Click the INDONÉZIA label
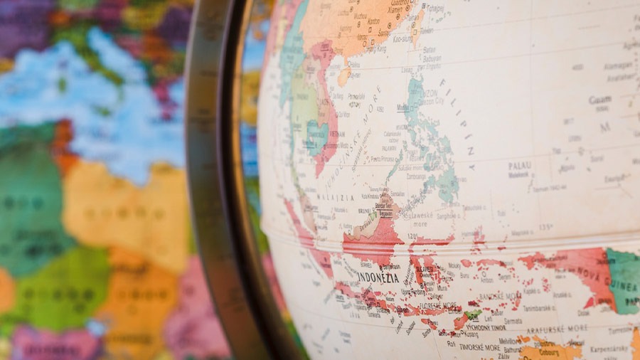click(x=378, y=277)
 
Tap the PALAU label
click(x=520, y=166)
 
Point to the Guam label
click(x=599, y=100)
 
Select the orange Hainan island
click(x=344, y=75)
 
